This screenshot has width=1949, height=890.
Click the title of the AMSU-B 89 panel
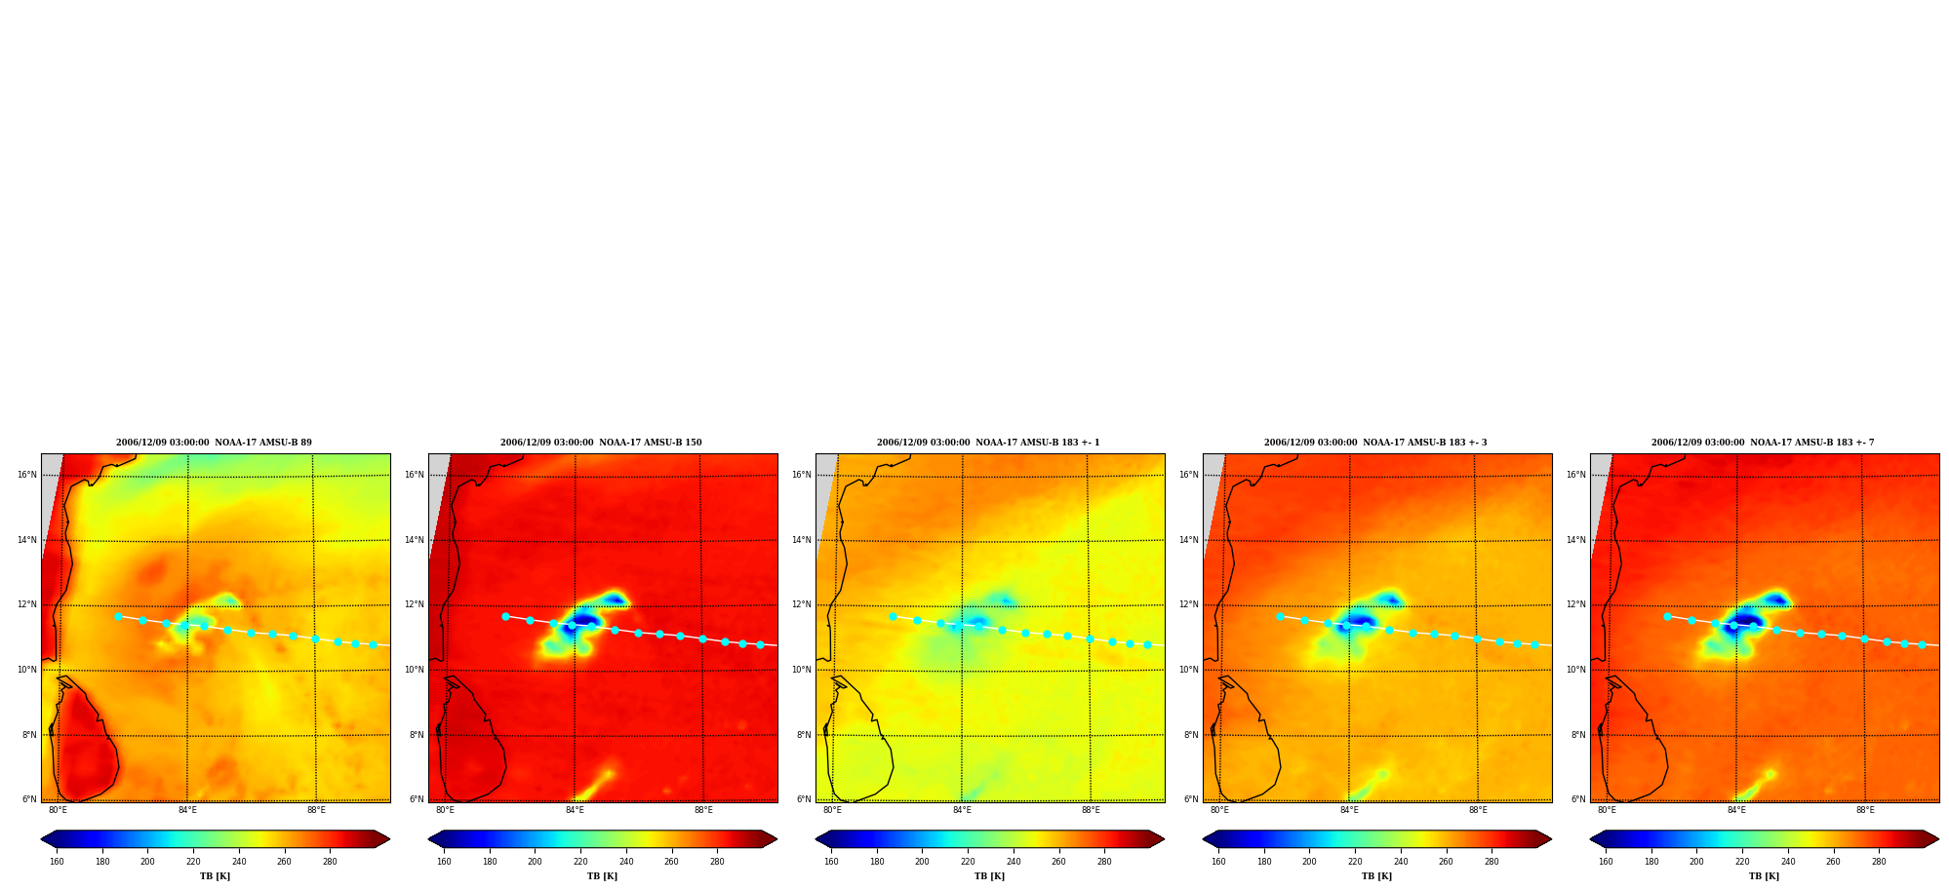pyautogui.click(x=214, y=443)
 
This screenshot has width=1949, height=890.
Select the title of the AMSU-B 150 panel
pyautogui.click(x=601, y=443)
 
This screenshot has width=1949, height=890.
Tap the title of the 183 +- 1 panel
pyautogui.click(x=988, y=443)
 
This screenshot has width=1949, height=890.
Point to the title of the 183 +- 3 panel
pyautogui.click(x=1375, y=443)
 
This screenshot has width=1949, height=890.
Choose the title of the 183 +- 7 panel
pyautogui.click(x=1763, y=443)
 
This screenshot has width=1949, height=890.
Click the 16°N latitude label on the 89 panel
pyautogui.click(x=26, y=476)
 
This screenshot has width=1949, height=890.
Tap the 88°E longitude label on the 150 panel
pyautogui.click(x=703, y=810)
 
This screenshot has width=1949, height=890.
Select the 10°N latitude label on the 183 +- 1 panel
pyautogui.click(x=801, y=670)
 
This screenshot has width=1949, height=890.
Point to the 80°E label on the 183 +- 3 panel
pyautogui.click(x=1219, y=810)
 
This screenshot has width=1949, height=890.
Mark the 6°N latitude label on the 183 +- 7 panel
pyautogui.click(x=1577, y=799)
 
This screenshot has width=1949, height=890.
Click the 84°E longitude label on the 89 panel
pyautogui.click(x=187, y=810)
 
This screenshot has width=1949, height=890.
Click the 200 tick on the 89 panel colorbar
pyautogui.click(x=147, y=862)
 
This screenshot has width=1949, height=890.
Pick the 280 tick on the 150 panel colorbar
pyautogui.click(x=717, y=862)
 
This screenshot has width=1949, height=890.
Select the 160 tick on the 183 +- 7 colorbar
pyautogui.click(x=1606, y=862)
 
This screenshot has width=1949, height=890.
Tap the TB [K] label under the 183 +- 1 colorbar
pyautogui.click(x=989, y=876)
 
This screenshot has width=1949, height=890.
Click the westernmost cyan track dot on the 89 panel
pyautogui.click(x=118, y=616)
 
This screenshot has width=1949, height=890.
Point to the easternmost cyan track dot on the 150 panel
pyautogui.click(x=760, y=644)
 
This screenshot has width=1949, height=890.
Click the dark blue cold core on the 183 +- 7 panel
pyautogui.click(x=1745, y=619)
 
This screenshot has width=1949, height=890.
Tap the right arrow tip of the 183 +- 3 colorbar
pyautogui.click(x=1551, y=839)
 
